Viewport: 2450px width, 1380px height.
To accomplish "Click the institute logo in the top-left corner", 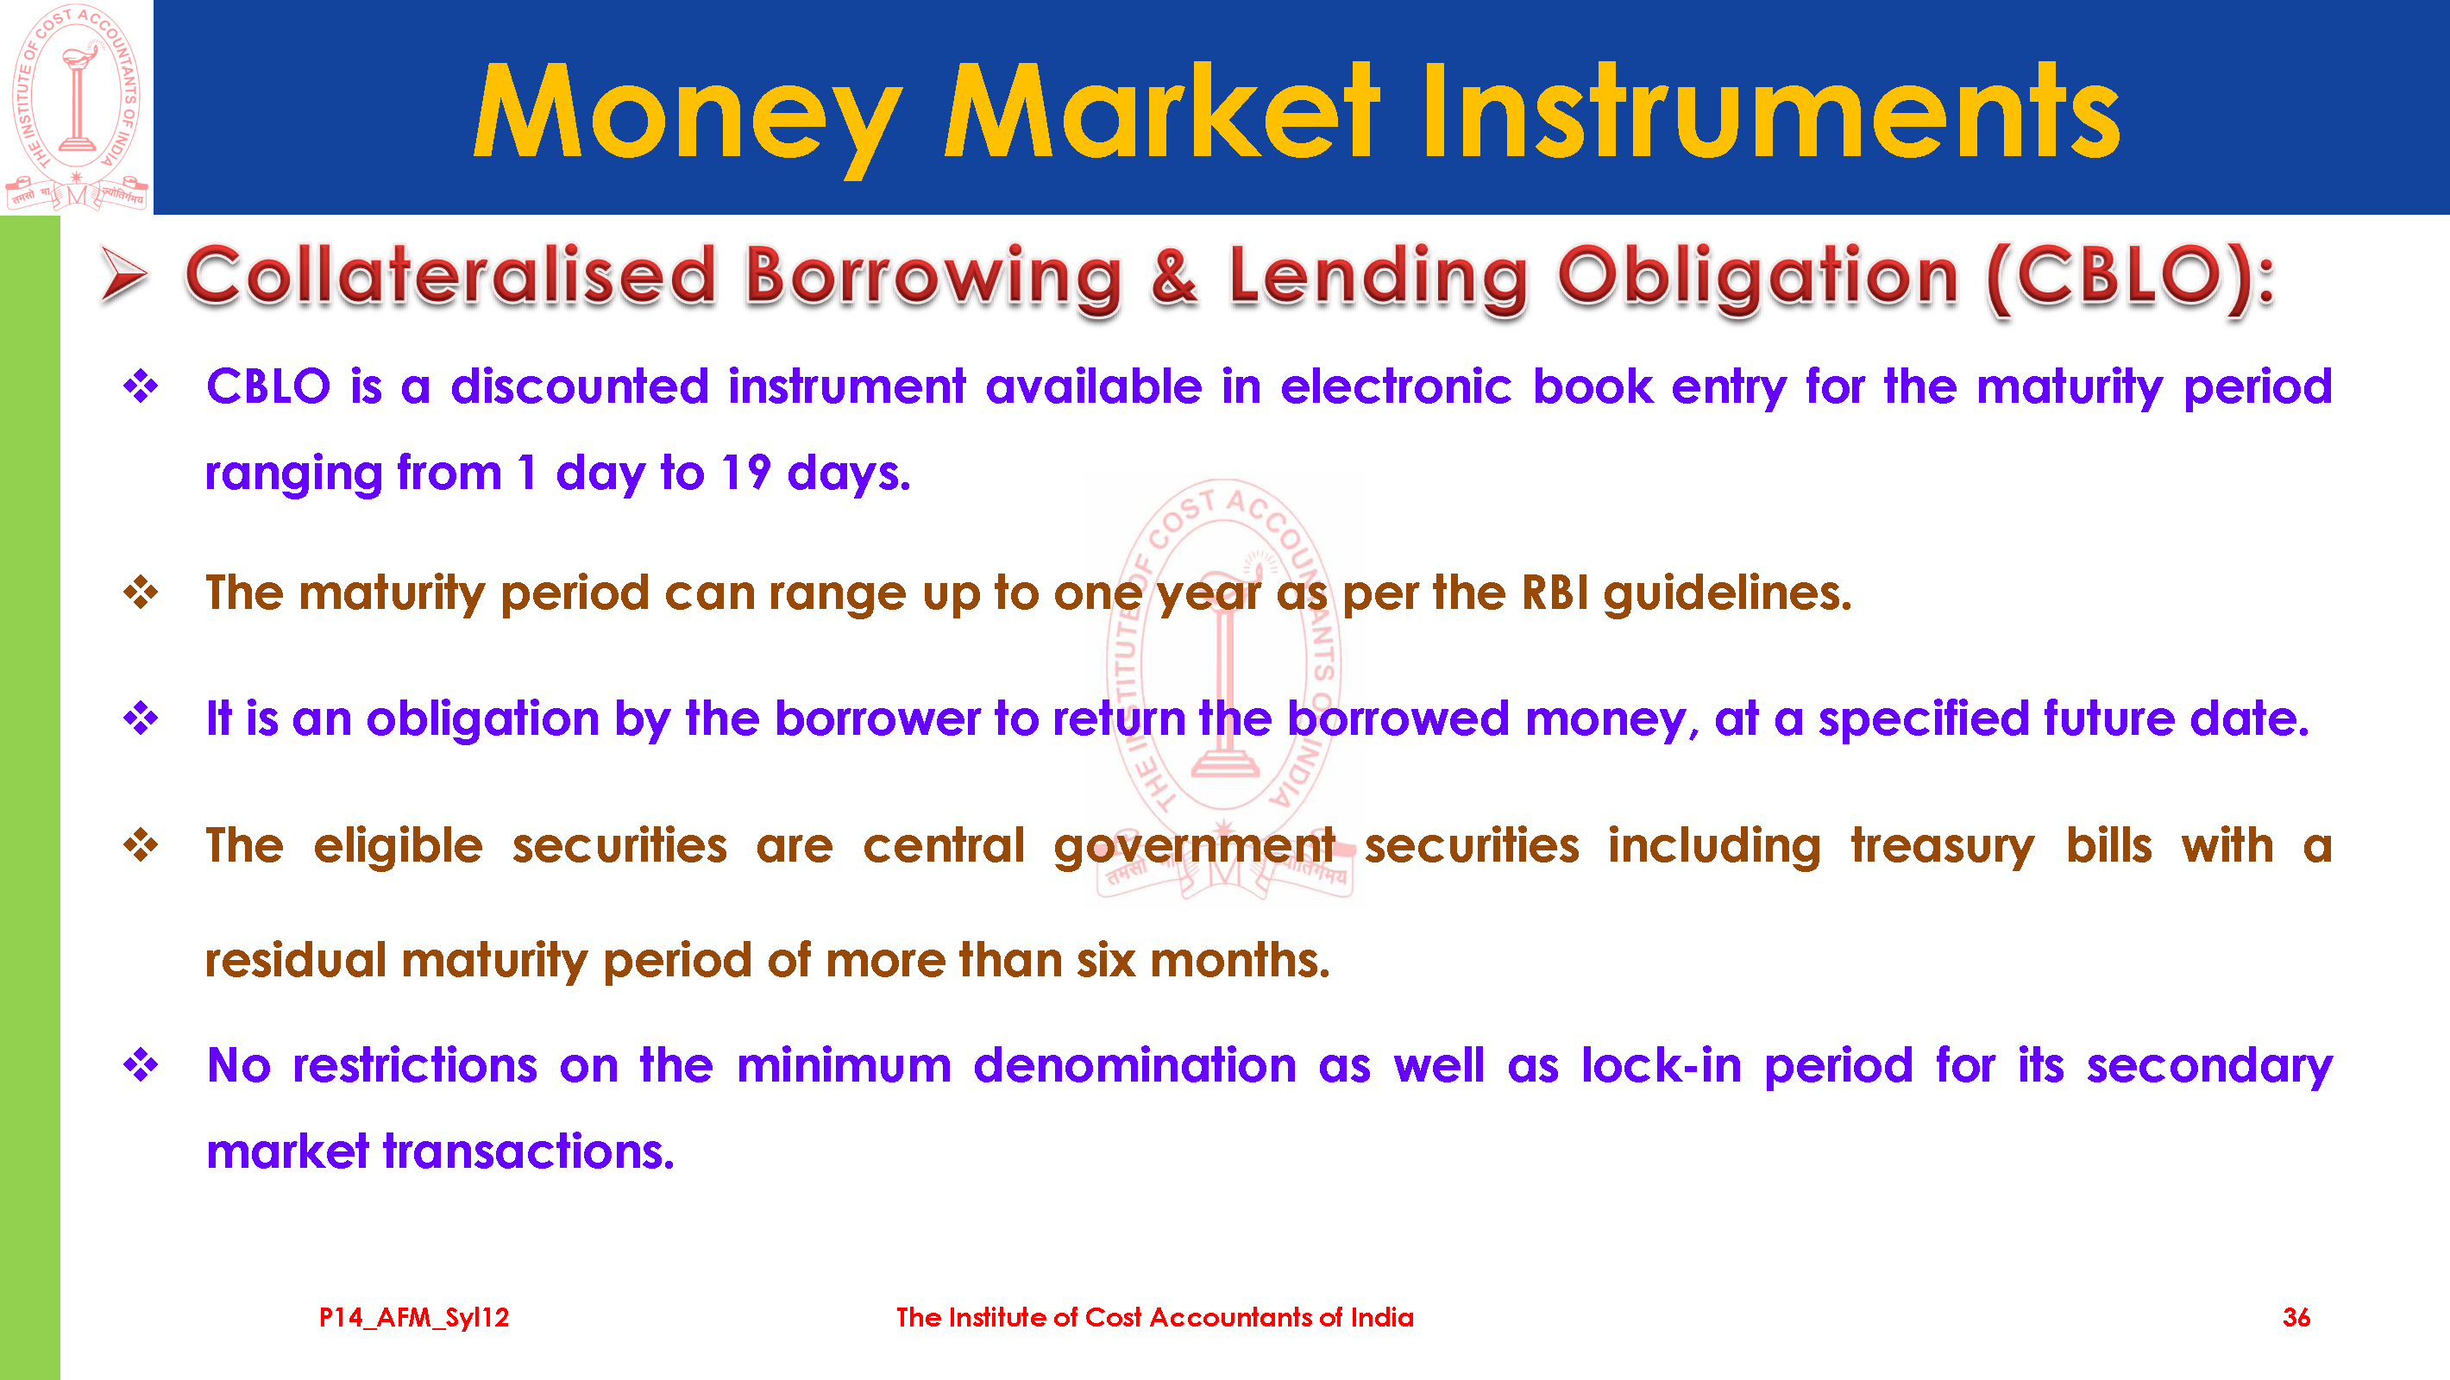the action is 76,107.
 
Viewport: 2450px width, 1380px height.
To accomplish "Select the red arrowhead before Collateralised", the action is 123,275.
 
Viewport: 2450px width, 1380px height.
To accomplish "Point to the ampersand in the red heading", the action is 1173,276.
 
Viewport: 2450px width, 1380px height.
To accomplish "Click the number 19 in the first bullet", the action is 744,472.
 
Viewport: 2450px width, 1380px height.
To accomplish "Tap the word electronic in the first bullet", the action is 1395,386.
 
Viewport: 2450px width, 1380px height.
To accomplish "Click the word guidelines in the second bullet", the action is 1727,593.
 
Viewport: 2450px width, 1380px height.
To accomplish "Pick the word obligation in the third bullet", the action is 483,719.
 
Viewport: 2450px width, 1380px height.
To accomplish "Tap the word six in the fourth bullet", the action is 1106,961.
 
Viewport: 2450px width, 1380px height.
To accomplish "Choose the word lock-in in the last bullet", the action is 1662,1065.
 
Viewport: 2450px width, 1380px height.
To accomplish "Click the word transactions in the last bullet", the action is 528,1151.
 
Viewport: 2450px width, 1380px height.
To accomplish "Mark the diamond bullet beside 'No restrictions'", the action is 141,1064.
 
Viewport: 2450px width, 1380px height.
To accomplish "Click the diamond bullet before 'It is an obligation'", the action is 141,718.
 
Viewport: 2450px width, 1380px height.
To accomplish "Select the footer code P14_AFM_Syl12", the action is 414,1317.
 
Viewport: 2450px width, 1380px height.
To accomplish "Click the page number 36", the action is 2296,1317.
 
